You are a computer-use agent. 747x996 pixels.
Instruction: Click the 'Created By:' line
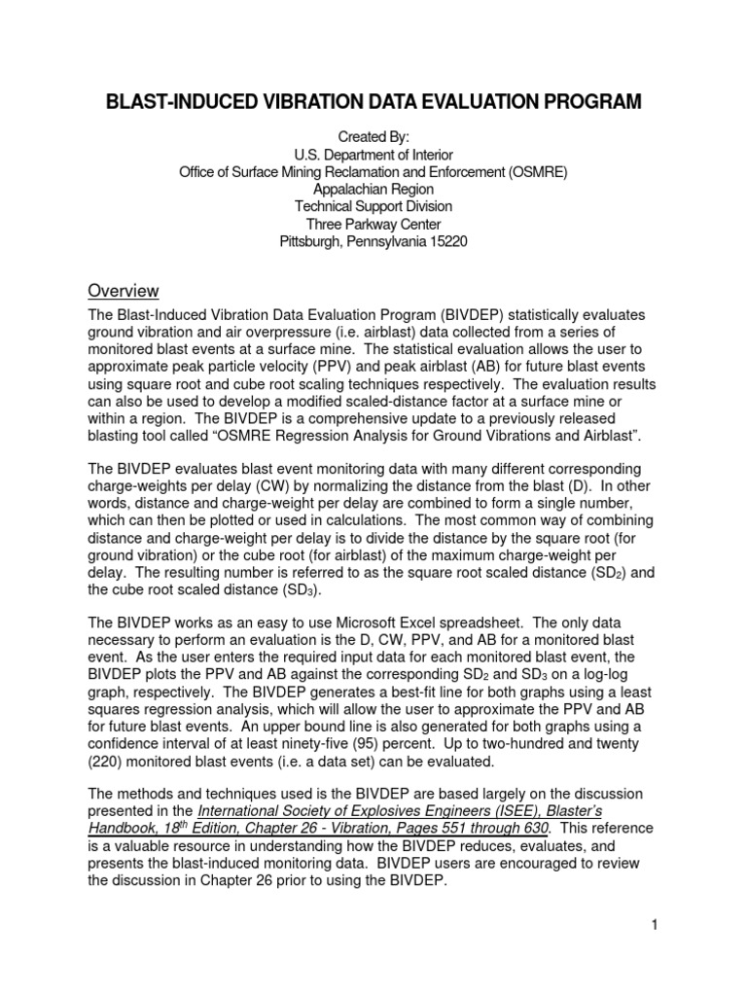coord(373,137)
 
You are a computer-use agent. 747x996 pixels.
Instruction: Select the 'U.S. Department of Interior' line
coord(373,155)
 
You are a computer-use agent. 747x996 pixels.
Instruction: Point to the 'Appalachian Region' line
coord(373,190)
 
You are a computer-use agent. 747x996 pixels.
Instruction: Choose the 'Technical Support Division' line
coord(373,207)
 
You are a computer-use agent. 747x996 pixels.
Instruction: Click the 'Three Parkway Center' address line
coord(373,225)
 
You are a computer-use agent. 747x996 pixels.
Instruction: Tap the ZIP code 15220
coord(445,242)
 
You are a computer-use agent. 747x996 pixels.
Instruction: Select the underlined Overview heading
coord(124,291)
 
